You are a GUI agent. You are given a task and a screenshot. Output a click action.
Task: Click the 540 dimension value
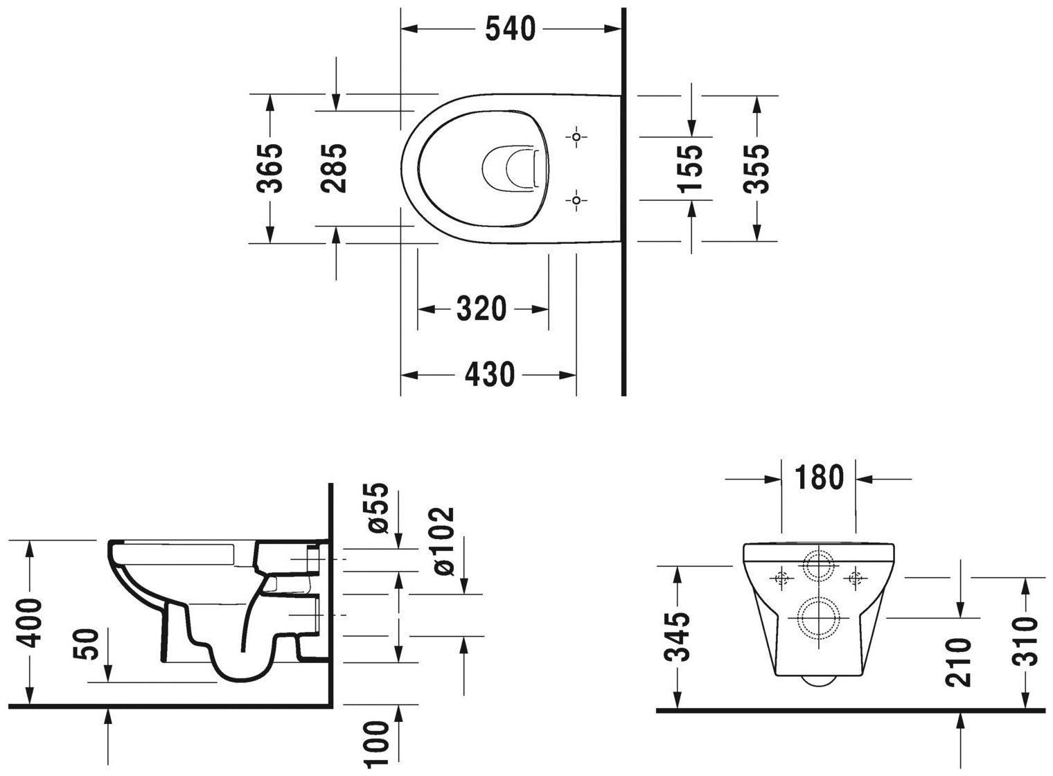[511, 29]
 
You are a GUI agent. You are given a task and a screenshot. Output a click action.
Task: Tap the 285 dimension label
[335, 168]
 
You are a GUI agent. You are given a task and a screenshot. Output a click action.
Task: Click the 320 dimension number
[482, 309]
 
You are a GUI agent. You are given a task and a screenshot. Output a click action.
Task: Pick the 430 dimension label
[489, 375]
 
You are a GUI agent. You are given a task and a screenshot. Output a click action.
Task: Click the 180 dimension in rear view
[819, 478]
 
